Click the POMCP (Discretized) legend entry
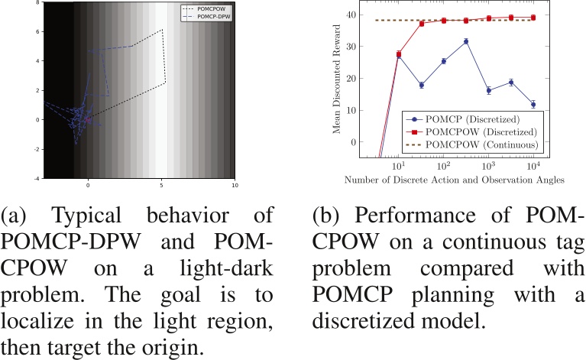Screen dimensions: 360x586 coord(459,118)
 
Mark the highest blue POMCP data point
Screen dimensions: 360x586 coord(466,41)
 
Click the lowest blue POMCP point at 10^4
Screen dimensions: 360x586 coord(533,104)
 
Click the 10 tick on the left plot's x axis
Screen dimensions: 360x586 coord(235,185)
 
